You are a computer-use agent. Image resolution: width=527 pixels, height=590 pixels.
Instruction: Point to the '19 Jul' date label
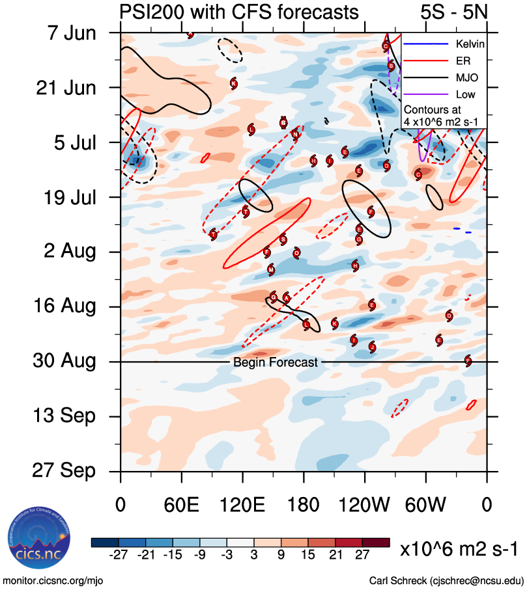pyautogui.click(x=63, y=196)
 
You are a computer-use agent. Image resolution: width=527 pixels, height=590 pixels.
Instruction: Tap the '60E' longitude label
pyautogui.click(x=182, y=504)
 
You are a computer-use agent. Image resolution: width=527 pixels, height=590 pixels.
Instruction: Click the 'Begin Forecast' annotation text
pyautogui.click(x=276, y=362)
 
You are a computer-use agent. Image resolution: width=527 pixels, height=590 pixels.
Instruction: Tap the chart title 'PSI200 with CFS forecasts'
pyautogui.click(x=239, y=12)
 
